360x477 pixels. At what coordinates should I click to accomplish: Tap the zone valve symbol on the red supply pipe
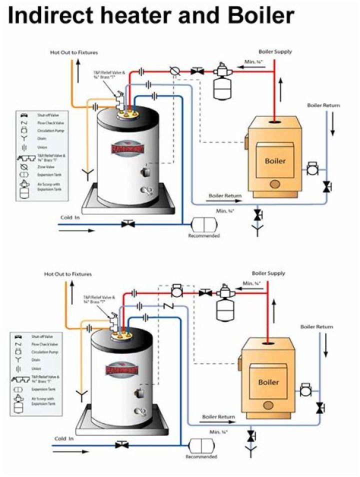coord(174,72)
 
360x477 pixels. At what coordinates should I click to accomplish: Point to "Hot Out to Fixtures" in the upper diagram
coord(74,52)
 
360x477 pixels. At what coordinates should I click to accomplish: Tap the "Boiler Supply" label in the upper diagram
coord(275,51)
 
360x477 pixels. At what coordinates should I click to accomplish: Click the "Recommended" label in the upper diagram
coord(203,235)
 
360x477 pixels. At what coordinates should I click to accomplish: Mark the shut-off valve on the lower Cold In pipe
coord(120,444)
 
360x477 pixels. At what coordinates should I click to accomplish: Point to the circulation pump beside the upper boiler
coord(313,169)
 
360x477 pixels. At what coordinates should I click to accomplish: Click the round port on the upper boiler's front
coord(274,184)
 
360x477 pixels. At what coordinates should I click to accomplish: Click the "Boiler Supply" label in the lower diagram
coord(268,273)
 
